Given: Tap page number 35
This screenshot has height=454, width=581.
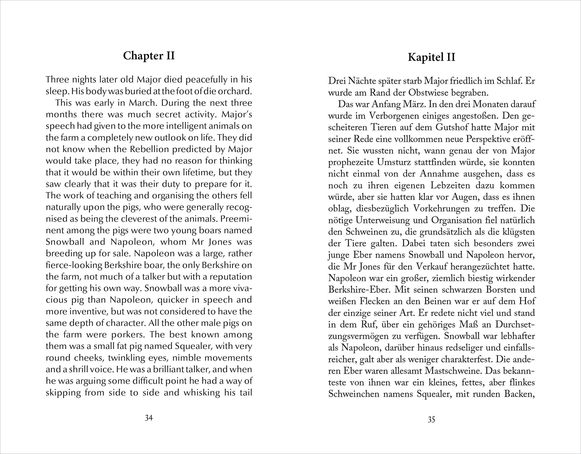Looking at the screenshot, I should (431, 420).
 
